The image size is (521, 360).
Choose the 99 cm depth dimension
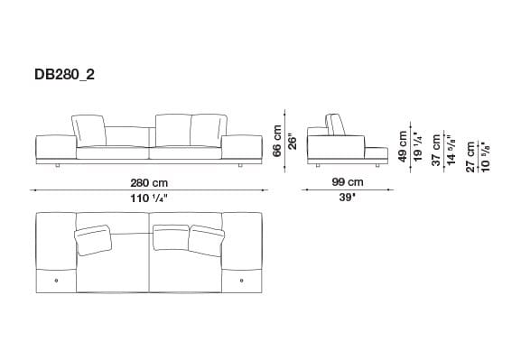(342, 183)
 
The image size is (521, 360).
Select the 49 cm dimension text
(403, 143)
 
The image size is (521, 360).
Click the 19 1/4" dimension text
(416, 143)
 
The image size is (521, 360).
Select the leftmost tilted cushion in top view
(93, 239)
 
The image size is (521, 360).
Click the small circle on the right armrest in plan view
(242, 282)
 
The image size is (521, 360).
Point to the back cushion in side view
(333, 126)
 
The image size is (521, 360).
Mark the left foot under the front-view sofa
(59, 166)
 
